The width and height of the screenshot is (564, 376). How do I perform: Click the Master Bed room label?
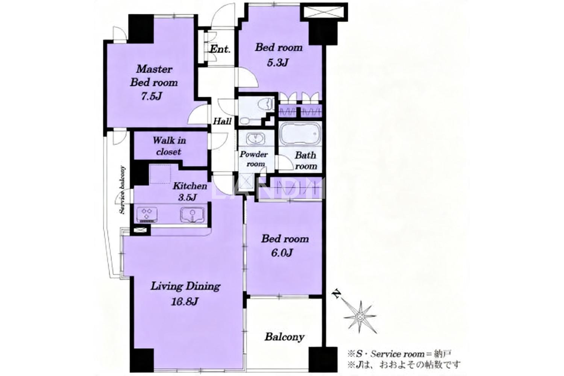(154, 76)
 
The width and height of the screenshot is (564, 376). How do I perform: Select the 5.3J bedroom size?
(277, 62)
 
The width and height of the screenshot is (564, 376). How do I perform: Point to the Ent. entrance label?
(220, 49)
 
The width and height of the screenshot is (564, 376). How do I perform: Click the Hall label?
(222, 121)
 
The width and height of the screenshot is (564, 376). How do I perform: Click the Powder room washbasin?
(256, 139)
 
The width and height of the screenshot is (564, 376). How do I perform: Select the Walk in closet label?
(169, 146)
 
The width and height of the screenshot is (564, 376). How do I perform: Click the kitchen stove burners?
(147, 215)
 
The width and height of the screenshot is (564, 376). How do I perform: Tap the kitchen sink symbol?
(192, 215)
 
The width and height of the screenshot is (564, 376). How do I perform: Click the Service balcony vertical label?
(122, 190)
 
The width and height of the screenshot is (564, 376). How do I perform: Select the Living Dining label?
(185, 287)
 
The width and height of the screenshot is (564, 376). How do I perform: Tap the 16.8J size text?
(185, 302)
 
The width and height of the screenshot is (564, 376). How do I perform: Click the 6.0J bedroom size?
(282, 253)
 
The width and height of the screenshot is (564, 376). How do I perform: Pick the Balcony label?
(285, 337)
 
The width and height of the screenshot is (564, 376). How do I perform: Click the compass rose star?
(360, 317)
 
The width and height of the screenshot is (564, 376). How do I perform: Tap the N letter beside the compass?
(336, 294)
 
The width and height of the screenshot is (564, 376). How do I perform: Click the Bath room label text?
(306, 161)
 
